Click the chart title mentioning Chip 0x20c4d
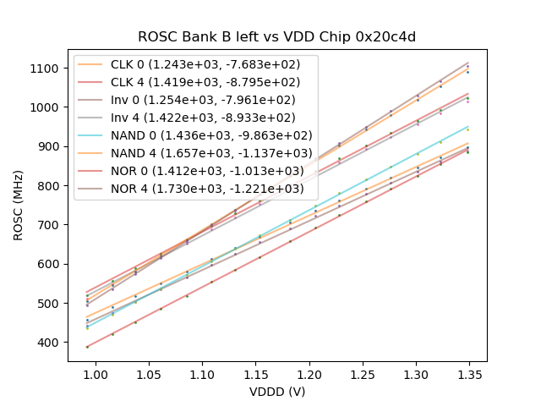(x=277, y=37)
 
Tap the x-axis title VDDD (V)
(x=276, y=392)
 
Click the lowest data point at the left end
(x=87, y=346)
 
